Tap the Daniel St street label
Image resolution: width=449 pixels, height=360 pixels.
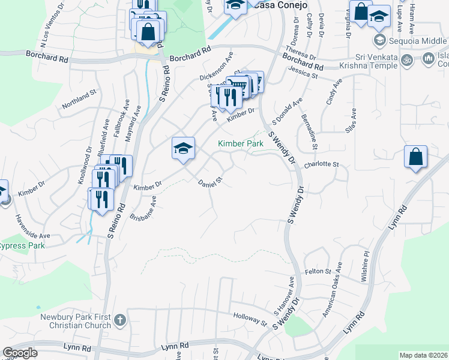click(x=211, y=179)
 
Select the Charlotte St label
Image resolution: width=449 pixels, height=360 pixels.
click(x=322, y=164)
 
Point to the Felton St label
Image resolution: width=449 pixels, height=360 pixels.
click(x=318, y=272)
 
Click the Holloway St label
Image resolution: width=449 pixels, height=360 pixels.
click(x=250, y=317)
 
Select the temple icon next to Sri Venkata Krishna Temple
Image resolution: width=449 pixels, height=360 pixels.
click(x=407, y=60)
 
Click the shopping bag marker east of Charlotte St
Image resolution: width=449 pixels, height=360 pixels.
click(x=415, y=157)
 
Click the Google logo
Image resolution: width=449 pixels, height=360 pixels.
click(x=20, y=353)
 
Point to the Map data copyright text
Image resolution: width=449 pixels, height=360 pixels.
click(x=423, y=355)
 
